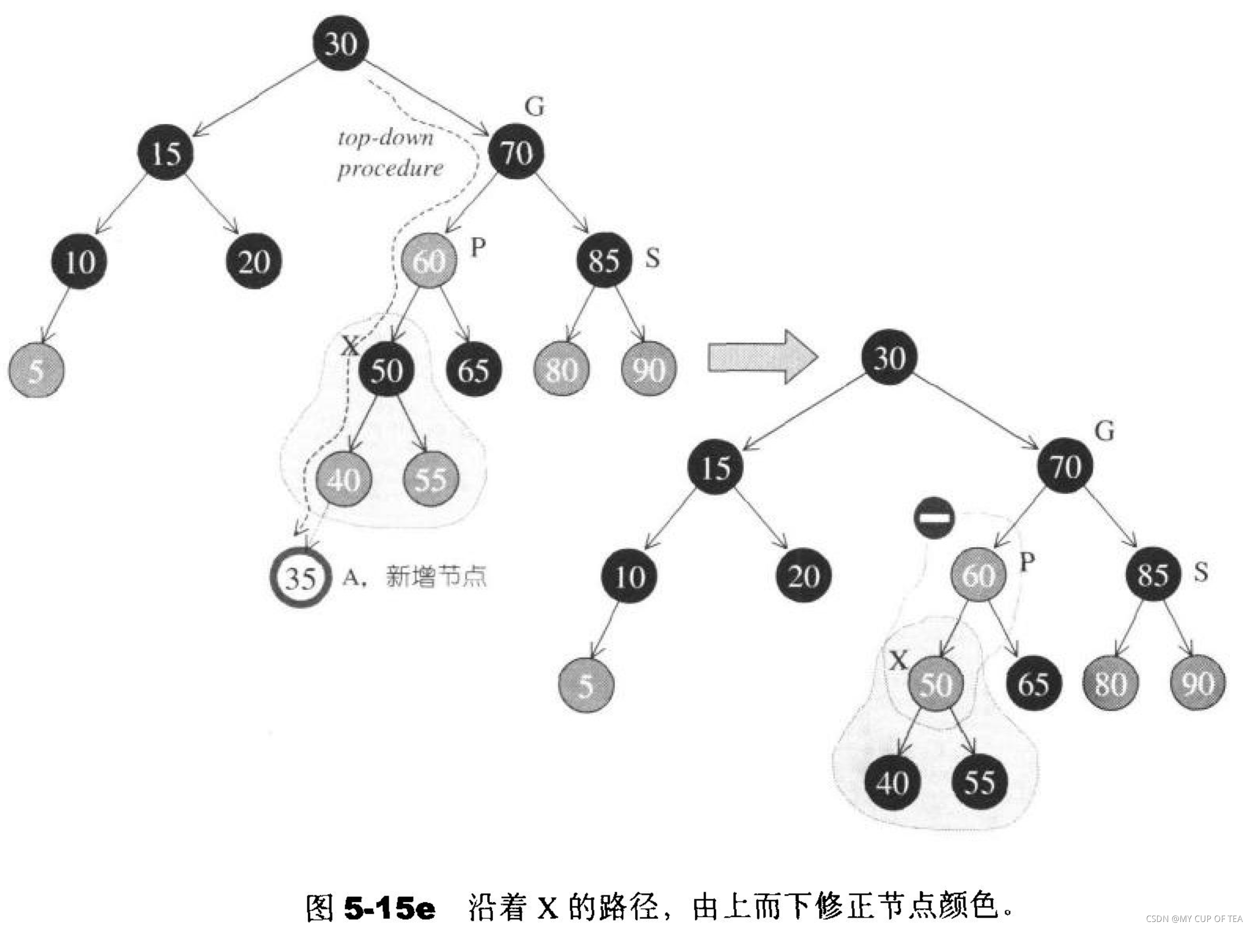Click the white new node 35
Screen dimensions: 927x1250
[x=299, y=577]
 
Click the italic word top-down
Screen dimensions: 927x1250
[x=386, y=138]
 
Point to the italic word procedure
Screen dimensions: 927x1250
[x=390, y=169]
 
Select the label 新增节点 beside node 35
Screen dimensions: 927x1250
[x=436, y=576]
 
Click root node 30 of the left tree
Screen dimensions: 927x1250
[x=341, y=43]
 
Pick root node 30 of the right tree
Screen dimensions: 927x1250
[x=890, y=357]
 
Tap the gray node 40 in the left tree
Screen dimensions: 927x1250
[x=343, y=479]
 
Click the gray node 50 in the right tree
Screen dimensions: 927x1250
[x=936, y=684]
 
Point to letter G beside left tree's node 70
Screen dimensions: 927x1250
[x=534, y=106]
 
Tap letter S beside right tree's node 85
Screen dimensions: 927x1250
[x=1201, y=572]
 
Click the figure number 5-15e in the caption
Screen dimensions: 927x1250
[x=389, y=908]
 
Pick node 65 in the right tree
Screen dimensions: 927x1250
[x=1033, y=684]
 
